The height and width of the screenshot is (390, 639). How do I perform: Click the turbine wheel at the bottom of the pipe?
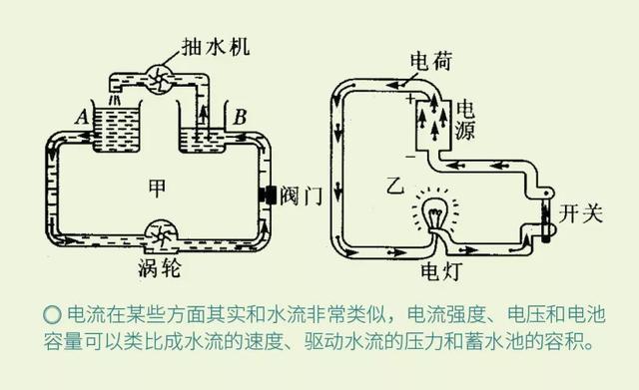(x=160, y=235)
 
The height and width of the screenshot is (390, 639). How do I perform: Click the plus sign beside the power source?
(x=409, y=99)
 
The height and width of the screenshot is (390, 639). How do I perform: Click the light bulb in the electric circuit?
(x=433, y=212)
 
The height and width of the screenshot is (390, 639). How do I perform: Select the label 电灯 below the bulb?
(x=436, y=268)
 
